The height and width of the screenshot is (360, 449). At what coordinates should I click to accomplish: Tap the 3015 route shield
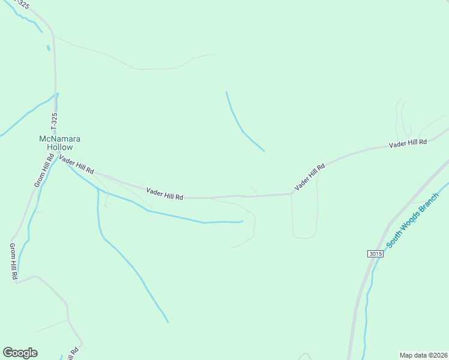click(x=375, y=254)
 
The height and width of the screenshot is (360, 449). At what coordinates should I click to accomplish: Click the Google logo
click(x=20, y=353)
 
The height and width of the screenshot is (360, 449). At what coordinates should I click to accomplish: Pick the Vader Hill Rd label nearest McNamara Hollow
click(x=76, y=164)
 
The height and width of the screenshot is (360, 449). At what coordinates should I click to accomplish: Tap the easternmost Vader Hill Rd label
click(x=408, y=143)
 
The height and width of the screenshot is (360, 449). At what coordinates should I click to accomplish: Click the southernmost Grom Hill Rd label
click(x=13, y=262)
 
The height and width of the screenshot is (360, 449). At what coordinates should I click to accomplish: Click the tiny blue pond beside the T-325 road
click(x=47, y=47)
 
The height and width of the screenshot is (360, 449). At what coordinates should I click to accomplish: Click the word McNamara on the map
click(x=60, y=139)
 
